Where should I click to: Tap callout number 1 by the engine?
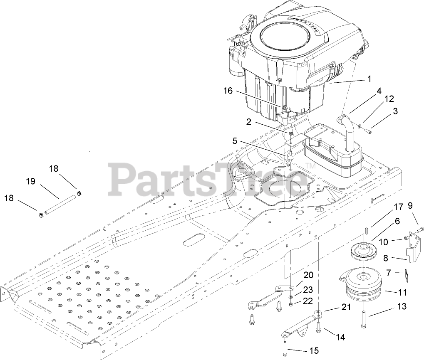pos(369,78)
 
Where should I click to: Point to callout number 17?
pos(399,207)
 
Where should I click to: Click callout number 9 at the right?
pos(410,205)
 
